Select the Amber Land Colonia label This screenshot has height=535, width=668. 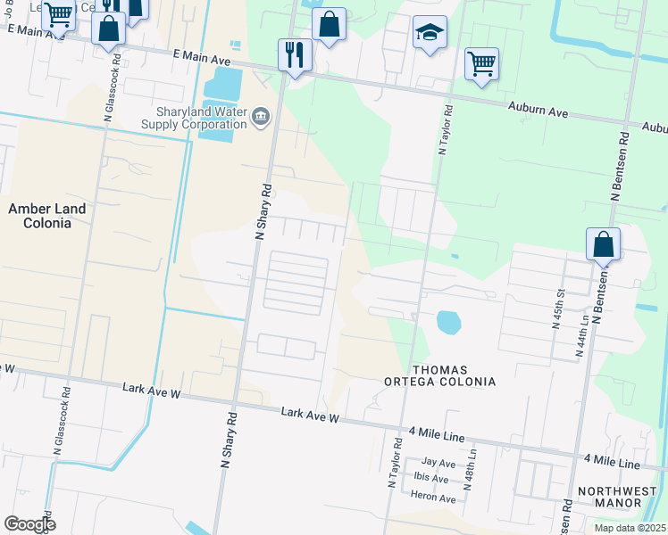[47, 216]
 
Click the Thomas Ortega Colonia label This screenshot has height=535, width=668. [454, 375]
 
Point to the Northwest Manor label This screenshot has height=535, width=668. [610, 497]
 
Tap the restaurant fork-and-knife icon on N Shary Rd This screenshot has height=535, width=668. [293, 55]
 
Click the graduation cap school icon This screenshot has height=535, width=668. [430, 34]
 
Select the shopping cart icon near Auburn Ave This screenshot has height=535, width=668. [481, 64]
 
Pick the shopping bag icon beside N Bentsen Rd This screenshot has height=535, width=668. [603, 243]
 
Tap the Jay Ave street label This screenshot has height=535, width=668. [438, 464]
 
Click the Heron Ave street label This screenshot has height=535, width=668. [434, 496]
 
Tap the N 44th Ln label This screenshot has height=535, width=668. [580, 334]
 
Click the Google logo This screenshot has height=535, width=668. [29, 524]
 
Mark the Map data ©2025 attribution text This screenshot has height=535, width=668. [630, 528]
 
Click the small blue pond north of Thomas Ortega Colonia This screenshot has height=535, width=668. [447, 321]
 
